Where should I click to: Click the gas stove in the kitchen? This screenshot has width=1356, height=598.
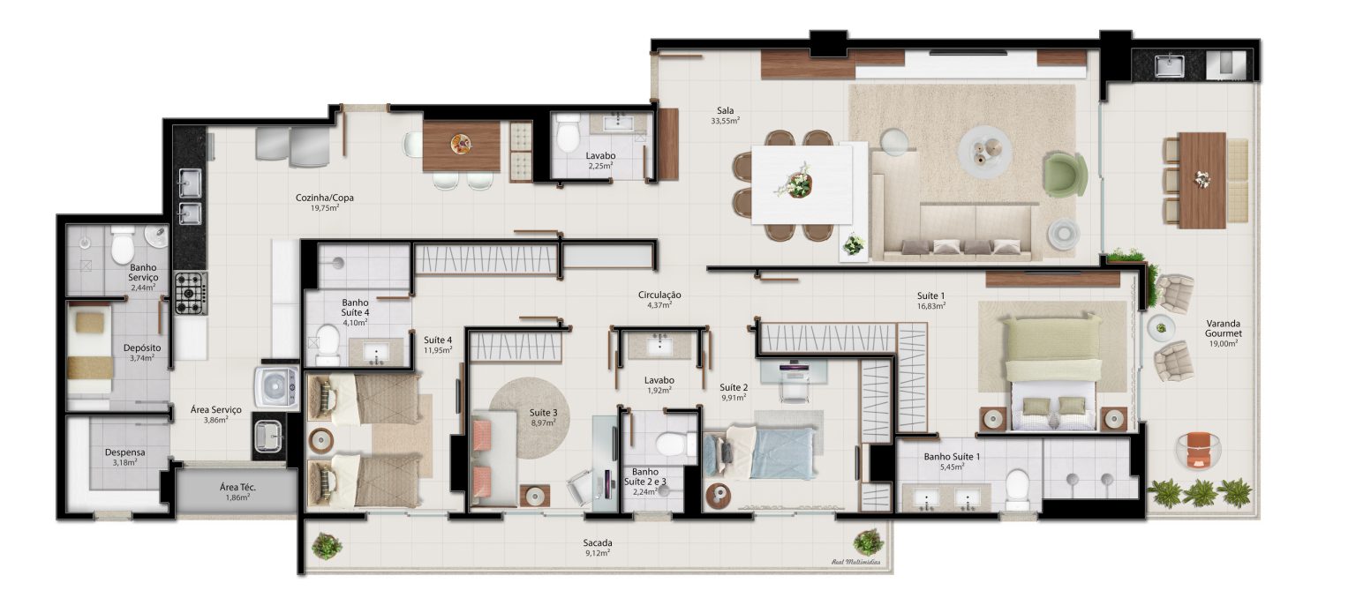191,293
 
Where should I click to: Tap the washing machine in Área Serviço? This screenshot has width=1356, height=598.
276,387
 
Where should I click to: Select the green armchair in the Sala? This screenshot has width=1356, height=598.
1065,175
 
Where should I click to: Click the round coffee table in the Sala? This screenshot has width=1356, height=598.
985,152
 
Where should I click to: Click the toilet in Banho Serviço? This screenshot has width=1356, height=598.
123,245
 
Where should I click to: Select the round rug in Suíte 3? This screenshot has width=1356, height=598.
530,417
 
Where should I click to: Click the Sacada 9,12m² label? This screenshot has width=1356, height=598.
598,548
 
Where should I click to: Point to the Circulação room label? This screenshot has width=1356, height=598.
659,295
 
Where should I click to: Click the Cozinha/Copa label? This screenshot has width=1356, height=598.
325,198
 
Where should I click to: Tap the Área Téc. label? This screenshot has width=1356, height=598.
237,487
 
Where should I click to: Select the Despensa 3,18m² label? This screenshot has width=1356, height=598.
124,457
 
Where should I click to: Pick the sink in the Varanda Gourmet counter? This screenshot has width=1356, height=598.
1169,65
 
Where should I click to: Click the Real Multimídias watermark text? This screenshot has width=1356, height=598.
856,563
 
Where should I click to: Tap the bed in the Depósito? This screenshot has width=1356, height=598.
89,351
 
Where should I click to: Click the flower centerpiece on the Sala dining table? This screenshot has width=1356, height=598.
795,182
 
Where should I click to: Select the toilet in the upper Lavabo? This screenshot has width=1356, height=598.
568,134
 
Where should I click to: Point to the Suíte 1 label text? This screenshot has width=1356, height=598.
930,295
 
